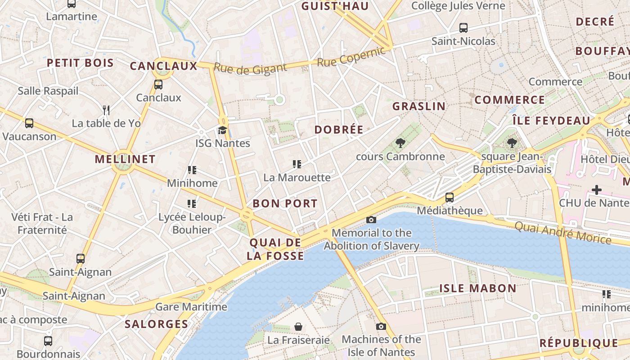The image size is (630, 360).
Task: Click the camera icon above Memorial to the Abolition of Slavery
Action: (371, 220)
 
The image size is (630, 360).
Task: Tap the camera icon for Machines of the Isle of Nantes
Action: (381, 326)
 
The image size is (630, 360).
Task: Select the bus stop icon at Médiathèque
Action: (449, 197)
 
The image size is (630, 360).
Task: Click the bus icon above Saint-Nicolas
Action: (463, 28)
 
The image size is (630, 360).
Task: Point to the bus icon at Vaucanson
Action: (29, 123)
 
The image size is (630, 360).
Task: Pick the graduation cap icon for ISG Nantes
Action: (222, 130)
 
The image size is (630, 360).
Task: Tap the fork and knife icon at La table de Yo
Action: (106, 110)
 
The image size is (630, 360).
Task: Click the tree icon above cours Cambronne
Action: (400, 144)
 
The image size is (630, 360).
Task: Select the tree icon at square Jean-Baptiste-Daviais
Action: (512, 144)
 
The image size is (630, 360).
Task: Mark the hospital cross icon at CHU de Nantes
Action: (597, 190)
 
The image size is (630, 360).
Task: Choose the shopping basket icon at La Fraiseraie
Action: (298, 327)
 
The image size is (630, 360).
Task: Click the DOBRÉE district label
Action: (339, 130)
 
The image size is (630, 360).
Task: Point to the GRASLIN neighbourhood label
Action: (419, 107)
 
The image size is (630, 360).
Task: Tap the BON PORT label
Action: (285, 203)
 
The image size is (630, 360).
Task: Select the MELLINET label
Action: (125, 159)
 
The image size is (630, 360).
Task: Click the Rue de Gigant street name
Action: (250, 68)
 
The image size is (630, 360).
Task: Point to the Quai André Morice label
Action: (562, 233)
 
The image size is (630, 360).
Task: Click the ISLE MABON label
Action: (478, 288)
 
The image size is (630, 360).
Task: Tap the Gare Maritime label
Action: (191, 307)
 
